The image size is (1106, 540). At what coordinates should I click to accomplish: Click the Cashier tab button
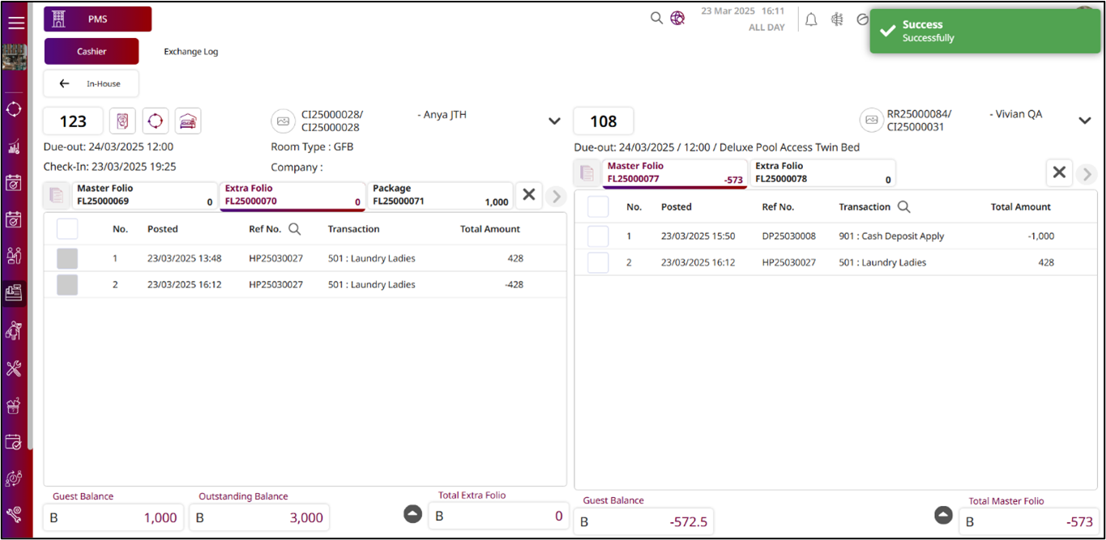pyautogui.click(x=92, y=51)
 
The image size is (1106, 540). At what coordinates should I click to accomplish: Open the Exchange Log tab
pyautogui.click(x=190, y=51)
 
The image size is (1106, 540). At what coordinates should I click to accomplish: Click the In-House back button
pyautogui.click(x=91, y=83)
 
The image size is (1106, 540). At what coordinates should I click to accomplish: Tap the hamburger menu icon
pyautogui.click(x=16, y=22)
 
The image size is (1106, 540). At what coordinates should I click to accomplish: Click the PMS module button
pyautogui.click(x=97, y=19)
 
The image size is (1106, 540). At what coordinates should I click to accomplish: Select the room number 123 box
pyautogui.click(x=73, y=121)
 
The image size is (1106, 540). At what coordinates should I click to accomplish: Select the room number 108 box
pyautogui.click(x=603, y=121)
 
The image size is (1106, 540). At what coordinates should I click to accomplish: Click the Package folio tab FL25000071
pyautogui.click(x=440, y=195)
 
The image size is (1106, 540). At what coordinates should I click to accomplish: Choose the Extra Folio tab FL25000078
pyautogui.click(x=822, y=172)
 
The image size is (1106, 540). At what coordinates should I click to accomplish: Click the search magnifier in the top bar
pyautogui.click(x=656, y=18)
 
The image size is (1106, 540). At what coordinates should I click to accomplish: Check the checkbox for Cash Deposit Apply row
pyautogui.click(x=598, y=236)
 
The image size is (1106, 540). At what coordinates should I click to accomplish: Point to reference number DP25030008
pyautogui.click(x=788, y=236)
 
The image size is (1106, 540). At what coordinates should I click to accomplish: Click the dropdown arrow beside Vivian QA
pyautogui.click(x=1085, y=121)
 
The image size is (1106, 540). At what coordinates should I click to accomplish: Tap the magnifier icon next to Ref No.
pyautogui.click(x=295, y=229)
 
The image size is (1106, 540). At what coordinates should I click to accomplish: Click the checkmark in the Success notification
pyautogui.click(x=886, y=31)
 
